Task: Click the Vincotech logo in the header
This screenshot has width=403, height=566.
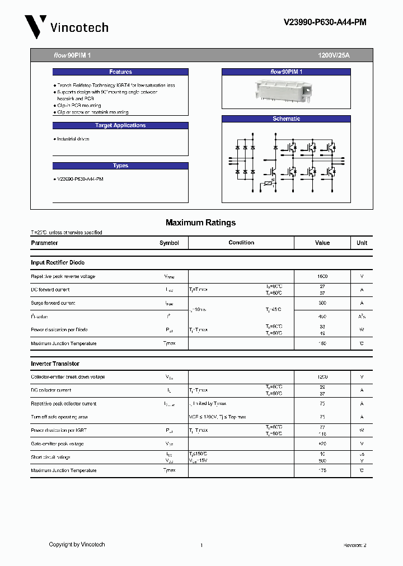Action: (x=66, y=26)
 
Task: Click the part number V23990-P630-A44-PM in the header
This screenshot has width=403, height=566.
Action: (x=325, y=22)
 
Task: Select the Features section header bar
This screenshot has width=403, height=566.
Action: (x=120, y=72)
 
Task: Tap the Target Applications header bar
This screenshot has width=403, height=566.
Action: (x=120, y=126)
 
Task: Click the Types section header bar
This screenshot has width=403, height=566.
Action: (x=120, y=166)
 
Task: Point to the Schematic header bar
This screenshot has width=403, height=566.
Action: (x=286, y=119)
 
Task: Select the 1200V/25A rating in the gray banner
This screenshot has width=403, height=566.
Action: (x=334, y=55)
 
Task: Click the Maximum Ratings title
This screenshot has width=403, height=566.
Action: (x=200, y=223)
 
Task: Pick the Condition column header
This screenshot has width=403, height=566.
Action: (x=241, y=243)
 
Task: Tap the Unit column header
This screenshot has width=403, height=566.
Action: (x=362, y=243)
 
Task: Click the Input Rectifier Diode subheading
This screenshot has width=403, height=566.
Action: (x=58, y=262)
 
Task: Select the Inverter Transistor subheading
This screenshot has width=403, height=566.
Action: (x=55, y=364)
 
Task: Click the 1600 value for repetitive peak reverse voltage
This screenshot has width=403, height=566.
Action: (x=322, y=276)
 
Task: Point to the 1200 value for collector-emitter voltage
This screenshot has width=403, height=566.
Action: (x=322, y=377)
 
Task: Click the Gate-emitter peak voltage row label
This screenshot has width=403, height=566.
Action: (x=57, y=444)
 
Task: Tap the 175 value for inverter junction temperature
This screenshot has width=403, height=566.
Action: (x=322, y=470)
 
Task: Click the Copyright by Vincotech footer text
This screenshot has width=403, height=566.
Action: (x=77, y=545)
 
